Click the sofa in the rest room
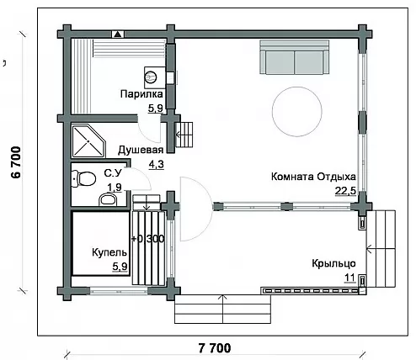[294, 57]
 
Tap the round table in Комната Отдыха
[297, 112]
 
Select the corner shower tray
[88, 140]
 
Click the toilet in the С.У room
[83, 179]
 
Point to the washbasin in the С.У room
[108, 199]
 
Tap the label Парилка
[141, 94]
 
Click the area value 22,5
[345, 191]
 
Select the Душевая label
[141, 151]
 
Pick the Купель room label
[109, 252]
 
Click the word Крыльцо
[333, 263]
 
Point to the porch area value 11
[349, 278]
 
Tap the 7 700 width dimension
[215, 348]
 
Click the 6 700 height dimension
[16, 162]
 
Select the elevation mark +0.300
[148, 239]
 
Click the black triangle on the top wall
[118, 34]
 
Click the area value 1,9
[115, 187]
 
